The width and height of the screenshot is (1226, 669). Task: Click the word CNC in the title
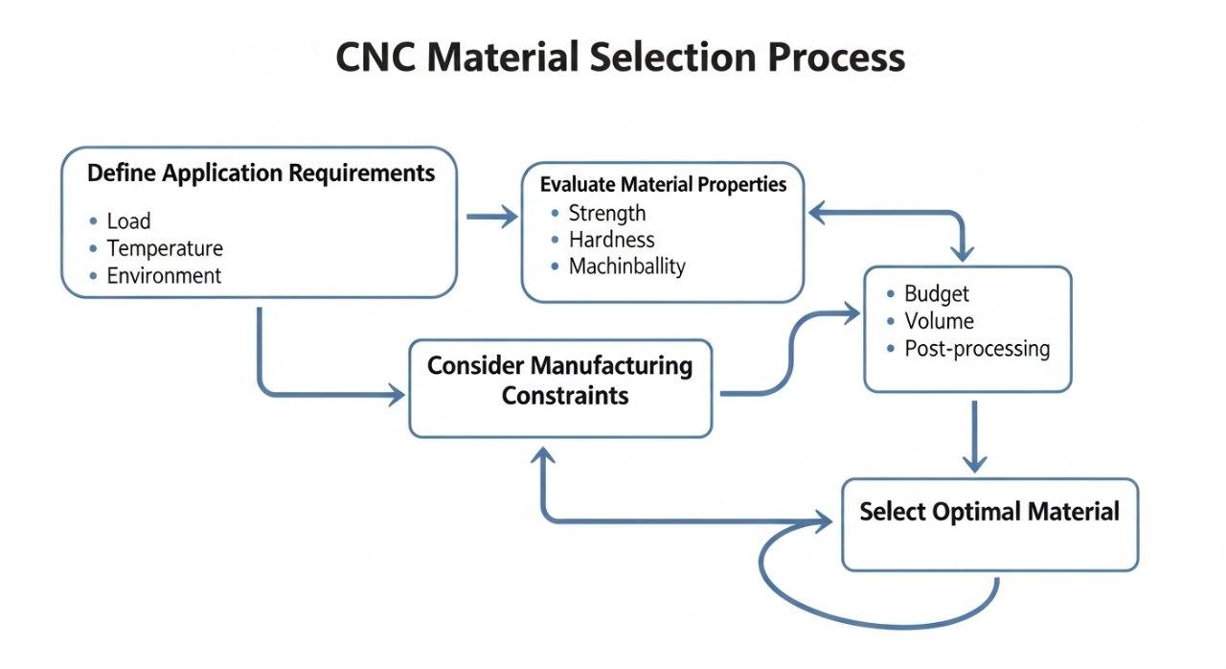(x=375, y=58)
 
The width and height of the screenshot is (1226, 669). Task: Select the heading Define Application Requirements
(x=261, y=173)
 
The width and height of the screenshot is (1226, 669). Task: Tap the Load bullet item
(x=128, y=221)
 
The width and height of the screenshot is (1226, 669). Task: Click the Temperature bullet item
(x=165, y=249)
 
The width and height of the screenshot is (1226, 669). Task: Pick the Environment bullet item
(x=164, y=276)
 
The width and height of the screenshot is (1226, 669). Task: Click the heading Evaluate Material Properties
(x=663, y=184)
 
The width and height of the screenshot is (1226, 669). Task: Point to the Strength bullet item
(x=607, y=213)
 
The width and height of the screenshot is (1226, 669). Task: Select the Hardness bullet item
(x=611, y=240)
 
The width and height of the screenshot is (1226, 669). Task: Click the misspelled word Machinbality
(x=626, y=266)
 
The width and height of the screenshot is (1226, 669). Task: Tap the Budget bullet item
(x=937, y=294)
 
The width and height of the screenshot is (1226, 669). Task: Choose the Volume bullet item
(x=939, y=321)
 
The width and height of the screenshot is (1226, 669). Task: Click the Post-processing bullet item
(x=977, y=349)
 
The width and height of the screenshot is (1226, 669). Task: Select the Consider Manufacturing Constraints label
(x=560, y=381)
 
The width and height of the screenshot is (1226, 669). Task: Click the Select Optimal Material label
(x=989, y=512)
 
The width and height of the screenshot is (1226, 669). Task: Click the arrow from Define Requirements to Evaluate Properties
(x=490, y=218)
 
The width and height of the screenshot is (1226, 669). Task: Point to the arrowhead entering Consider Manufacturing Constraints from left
(x=396, y=394)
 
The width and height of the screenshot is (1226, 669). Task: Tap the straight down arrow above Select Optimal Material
(x=974, y=436)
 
